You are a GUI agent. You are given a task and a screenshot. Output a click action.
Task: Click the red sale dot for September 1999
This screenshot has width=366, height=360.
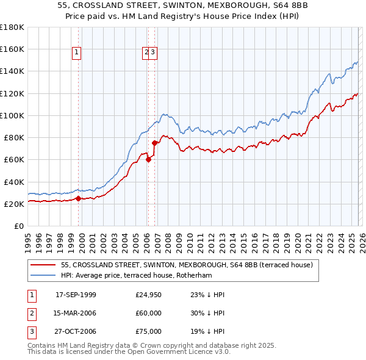pos(78,198)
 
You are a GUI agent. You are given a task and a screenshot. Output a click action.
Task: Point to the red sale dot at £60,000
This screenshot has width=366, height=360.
pos(148,160)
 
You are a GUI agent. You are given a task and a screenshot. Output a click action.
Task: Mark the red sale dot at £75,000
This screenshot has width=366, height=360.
pos(155,143)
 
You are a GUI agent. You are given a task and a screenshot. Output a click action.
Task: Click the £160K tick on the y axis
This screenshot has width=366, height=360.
pos(12,49)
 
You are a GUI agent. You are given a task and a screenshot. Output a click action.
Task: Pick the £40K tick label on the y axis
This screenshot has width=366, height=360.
pos(13,182)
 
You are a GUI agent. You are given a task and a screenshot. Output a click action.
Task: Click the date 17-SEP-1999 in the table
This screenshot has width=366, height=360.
pos(76,295)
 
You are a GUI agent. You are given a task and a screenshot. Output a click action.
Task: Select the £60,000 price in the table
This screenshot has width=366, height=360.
pos(148,313)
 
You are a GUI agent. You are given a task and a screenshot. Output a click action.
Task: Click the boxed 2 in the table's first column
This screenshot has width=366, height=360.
pos(30,313)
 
